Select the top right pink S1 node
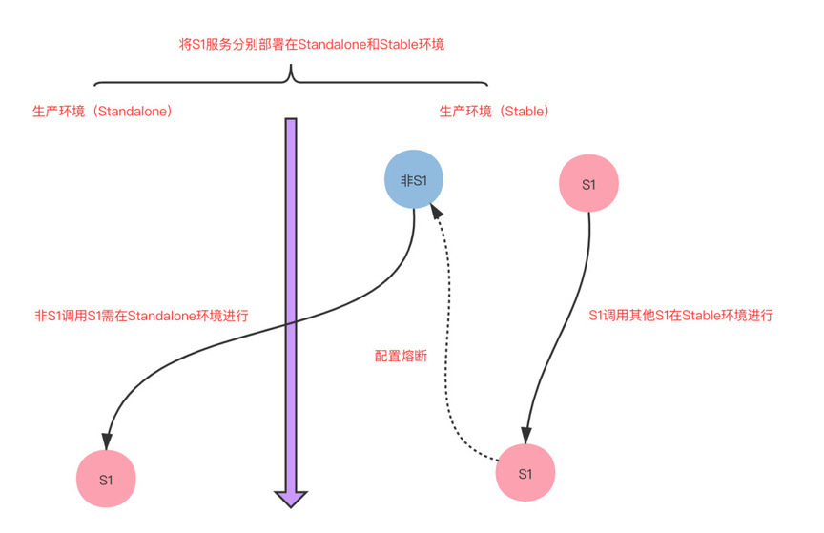coord(588,184)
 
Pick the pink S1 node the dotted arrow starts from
coord(525,474)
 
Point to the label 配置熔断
coord(401,356)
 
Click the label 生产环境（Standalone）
coord(102,112)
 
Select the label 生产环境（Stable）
coord(494,112)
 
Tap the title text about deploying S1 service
coord(312,44)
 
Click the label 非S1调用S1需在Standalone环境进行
coord(141,316)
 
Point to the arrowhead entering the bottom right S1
coord(525,437)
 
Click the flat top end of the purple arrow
coord(291,120)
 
